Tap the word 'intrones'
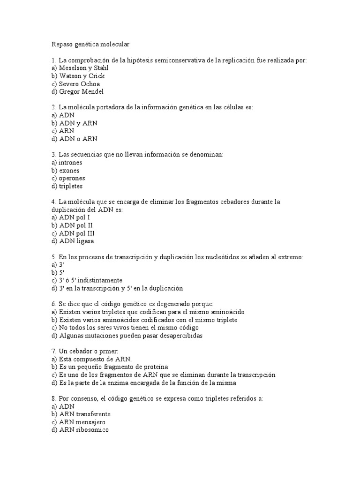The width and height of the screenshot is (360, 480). point(70,162)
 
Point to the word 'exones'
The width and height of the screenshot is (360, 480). point(69,170)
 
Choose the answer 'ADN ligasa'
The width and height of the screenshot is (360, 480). point(76,241)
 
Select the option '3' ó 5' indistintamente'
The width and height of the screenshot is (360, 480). point(90,280)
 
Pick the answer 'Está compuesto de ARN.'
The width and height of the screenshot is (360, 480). point(89,359)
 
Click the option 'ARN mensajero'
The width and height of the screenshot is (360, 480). point(82,422)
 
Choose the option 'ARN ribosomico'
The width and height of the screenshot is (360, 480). point(83,430)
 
